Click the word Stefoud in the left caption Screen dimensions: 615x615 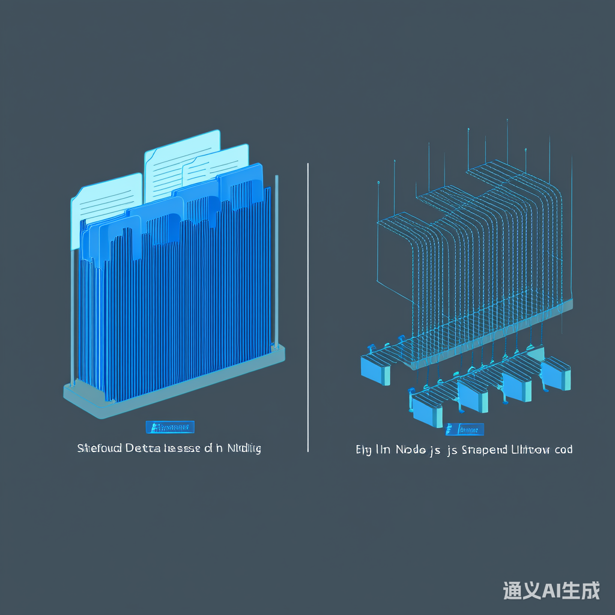(x=98, y=449)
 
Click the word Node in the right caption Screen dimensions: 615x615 (x=409, y=450)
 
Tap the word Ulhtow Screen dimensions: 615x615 (x=531, y=450)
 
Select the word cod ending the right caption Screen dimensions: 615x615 (x=564, y=450)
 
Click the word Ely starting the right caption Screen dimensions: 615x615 (x=363, y=450)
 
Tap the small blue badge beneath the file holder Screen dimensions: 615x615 (x=170, y=428)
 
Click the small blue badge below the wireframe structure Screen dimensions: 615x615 (x=465, y=430)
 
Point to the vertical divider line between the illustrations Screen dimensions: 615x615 (x=307, y=306)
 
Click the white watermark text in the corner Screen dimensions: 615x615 (x=551, y=591)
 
